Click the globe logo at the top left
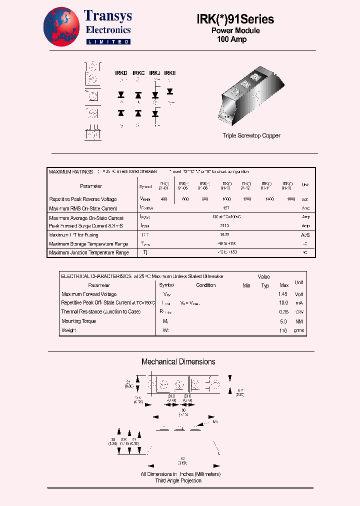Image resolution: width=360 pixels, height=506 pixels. point(61,27)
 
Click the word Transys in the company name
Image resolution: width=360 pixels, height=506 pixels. point(108,16)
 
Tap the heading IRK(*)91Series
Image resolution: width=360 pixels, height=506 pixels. point(235,19)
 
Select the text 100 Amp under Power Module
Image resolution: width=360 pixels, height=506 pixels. point(231,39)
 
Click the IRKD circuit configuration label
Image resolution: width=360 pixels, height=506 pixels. point(121,73)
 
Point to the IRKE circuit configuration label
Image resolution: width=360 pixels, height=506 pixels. point(170,73)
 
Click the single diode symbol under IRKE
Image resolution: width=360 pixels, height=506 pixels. point(170,91)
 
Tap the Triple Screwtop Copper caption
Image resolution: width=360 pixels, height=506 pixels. point(251,135)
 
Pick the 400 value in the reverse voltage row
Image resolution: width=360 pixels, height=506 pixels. point(164,199)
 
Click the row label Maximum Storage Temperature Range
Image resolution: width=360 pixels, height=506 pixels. point(88,244)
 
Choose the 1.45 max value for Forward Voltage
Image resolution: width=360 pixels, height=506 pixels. point(283,294)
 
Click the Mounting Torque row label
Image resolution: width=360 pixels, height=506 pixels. point(78,321)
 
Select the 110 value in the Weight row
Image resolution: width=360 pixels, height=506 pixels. point(283,330)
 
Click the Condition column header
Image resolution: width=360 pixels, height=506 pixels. point(205,285)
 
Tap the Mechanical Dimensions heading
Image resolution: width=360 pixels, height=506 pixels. point(178,361)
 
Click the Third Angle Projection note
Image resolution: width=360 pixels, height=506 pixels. point(178,480)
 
